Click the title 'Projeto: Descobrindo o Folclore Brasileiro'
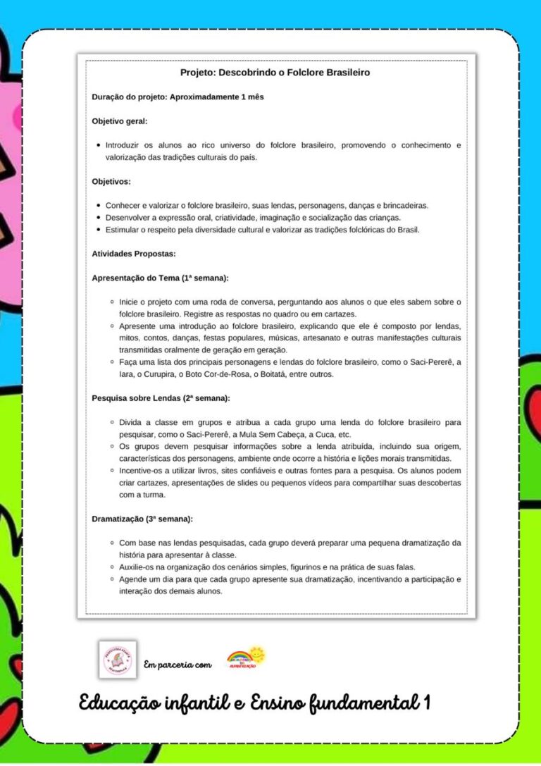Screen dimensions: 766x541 (x=275, y=72)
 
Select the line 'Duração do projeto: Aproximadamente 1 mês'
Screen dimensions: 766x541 (x=178, y=97)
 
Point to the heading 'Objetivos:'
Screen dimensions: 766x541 (x=111, y=181)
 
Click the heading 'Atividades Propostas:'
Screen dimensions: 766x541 (x=134, y=253)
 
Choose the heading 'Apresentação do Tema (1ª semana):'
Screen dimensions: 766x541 (x=160, y=278)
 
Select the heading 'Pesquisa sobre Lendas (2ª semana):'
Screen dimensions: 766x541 (x=161, y=397)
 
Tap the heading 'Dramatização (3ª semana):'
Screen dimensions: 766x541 (x=142, y=519)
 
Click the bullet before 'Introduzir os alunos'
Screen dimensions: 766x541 (x=97, y=146)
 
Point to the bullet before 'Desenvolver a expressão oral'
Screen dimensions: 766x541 (x=97, y=218)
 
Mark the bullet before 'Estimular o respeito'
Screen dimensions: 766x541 (x=97, y=230)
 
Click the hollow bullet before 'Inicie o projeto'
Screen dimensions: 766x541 (x=112, y=302)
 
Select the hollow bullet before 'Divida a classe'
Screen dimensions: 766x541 (x=112, y=422)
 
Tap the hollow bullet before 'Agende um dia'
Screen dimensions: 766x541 (x=112, y=579)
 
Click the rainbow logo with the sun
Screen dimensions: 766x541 (x=246, y=657)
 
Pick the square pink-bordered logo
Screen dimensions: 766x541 (x=117, y=660)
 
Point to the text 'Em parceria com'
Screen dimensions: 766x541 (x=178, y=665)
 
